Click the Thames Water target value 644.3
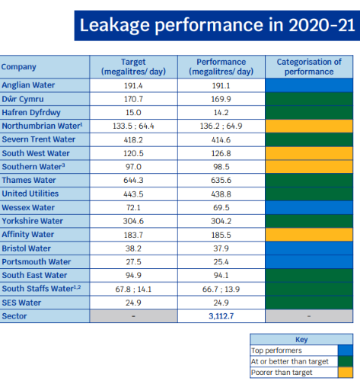point(133,181)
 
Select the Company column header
point(18,67)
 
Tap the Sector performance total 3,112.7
point(221,316)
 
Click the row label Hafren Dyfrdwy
point(31,113)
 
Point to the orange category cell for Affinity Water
point(309,235)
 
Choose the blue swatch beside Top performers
point(346,351)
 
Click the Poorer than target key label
point(282,373)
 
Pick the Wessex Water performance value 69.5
point(221,208)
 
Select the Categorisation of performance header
point(309,67)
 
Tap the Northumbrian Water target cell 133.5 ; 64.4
point(133,126)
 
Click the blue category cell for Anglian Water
point(309,85)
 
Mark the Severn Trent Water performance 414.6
point(221,140)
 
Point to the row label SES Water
point(21,303)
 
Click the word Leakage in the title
point(115,25)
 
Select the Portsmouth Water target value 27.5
point(133,262)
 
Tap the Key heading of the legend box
point(301,340)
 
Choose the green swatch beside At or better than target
point(346,361)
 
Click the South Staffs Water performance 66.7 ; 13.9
point(221,290)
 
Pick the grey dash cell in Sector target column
point(133,316)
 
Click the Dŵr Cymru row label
point(23,99)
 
